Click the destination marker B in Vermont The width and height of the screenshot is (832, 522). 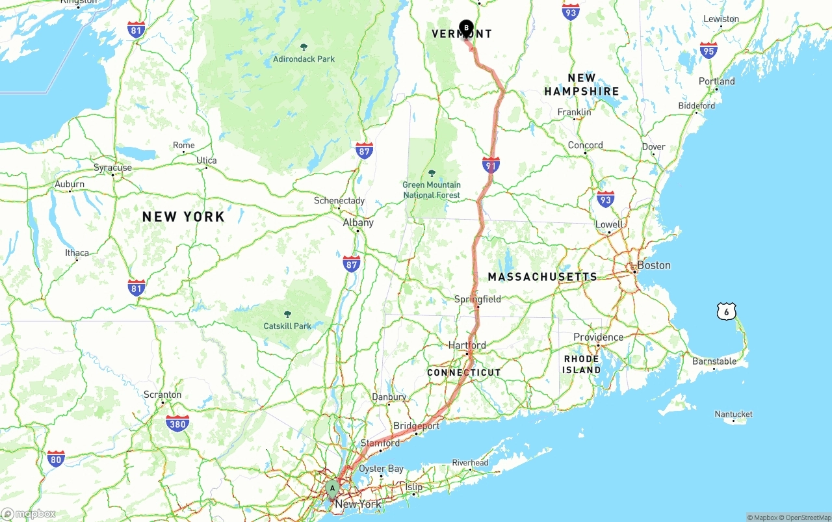[x=466, y=29]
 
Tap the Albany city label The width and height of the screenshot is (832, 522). [x=358, y=222]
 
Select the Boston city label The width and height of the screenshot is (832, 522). [x=653, y=265]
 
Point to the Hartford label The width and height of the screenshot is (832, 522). [x=467, y=345]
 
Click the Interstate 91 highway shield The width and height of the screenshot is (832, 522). [x=491, y=165]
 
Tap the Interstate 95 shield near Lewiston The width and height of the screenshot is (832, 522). [x=708, y=51]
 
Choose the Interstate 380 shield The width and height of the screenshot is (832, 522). [x=177, y=424]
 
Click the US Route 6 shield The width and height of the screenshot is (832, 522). [x=726, y=311]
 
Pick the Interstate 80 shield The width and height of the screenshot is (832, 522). [x=56, y=458]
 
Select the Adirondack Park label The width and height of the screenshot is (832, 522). [x=304, y=59]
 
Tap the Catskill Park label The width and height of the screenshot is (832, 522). [x=287, y=326]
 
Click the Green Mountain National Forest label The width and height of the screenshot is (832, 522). [x=432, y=190]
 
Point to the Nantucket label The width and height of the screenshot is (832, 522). [x=733, y=414]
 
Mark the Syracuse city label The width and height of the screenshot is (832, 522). [x=112, y=168]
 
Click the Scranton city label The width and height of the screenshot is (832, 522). [x=162, y=395]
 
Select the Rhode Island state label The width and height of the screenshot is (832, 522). [x=582, y=364]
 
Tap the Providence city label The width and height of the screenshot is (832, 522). [x=598, y=337]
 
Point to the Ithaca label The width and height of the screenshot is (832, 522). [x=77, y=253]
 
